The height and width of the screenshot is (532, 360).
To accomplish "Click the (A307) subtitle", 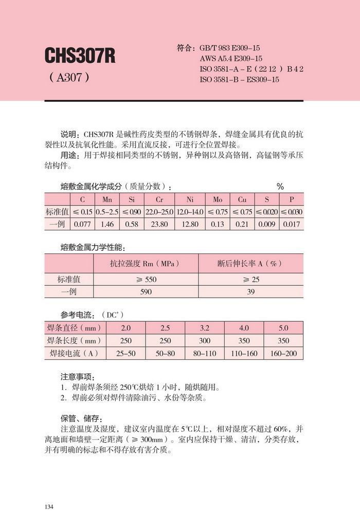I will pyautogui.click(x=70, y=79).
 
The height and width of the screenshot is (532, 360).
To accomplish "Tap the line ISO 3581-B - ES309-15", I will pyautogui.click(x=239, y=80).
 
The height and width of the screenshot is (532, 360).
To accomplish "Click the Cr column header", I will pyautogui.click(x=160, y=199).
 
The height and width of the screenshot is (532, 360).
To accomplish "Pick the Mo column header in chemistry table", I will pyautogui.click(x=218, y=199).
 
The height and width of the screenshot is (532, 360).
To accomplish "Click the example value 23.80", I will pyautogui.click(x=160, y=224).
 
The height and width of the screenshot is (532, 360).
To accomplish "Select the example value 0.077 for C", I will pyautogui.click(x=82, y=224).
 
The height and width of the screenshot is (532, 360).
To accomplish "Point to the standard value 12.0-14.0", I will pyautogui.click(x=190, y=212).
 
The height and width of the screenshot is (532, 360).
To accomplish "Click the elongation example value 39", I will pyautogui.click(x=251, y=291).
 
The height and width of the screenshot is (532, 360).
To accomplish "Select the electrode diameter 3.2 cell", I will pyautogui.click(x=205, y=328).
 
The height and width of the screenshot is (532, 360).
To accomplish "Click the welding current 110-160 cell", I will pyautogui.click(x=244, y=354).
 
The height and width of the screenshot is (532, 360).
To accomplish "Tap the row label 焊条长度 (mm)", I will pyautogui.click(x=73, y=341).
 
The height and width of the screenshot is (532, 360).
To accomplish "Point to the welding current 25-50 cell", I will pyautogui.click(x=125, y=354).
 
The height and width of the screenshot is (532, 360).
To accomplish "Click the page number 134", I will pyautogui.click(x=49, y=507).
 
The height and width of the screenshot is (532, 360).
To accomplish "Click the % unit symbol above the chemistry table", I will pyautogui.click(x=280, y=187).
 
